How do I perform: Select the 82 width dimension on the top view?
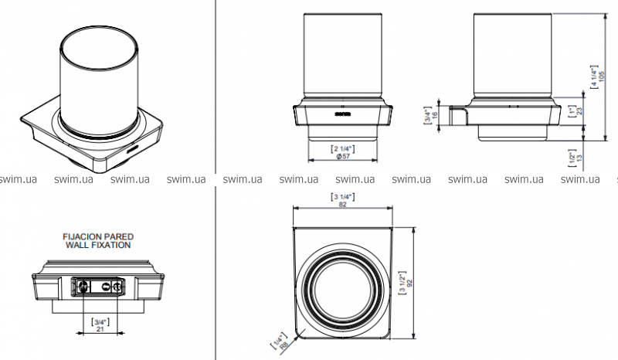(x=341, y=205)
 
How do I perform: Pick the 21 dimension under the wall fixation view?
(x=99, y=328)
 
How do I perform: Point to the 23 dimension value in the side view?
(x=579, y=110)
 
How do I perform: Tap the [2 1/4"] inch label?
(x=341, y=147)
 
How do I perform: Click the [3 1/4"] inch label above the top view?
(x=341, y=197)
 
